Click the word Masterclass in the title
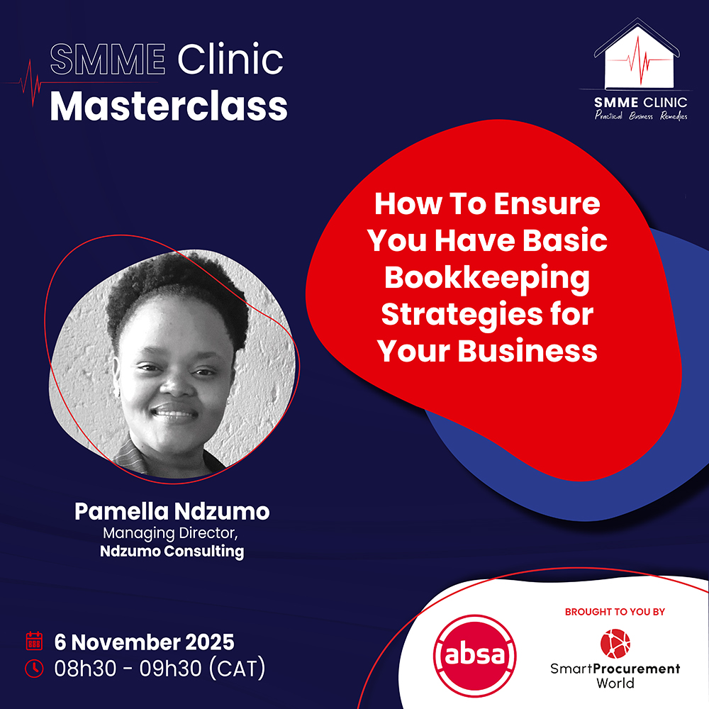coord(169,107)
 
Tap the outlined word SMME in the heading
coord(108,60)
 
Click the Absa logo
coord(474,654)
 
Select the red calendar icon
coord(34,641)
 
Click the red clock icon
coord(34,669)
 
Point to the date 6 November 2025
coord(144,642)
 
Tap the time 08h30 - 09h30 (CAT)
coord(160,669)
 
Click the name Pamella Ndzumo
coord(172,511)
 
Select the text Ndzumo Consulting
coord(172,551)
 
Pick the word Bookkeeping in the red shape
coord(487,278)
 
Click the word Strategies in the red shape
coord(462,314)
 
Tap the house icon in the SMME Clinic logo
coord(637,55)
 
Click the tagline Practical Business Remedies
coord(641,116)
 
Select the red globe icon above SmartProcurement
coord(615,644)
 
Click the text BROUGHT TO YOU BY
coord(615,612)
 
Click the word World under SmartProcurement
coord(615,683)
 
